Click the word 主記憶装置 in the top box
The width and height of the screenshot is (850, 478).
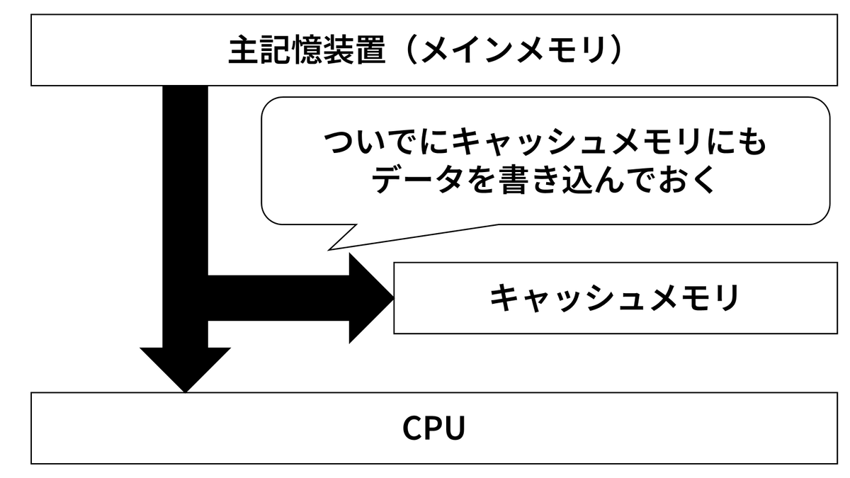tap(307, 50)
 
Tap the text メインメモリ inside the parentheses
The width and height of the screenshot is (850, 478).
tap(514, 50)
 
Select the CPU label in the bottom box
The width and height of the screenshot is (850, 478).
tap(433, 428)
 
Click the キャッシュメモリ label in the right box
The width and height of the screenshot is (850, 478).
tap(614, 298)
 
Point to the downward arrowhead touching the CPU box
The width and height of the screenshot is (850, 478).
tap(185, 370)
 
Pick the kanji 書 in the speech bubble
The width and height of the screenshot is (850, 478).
tap(514, 179)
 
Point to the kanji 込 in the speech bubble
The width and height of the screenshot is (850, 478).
tap(577, 179)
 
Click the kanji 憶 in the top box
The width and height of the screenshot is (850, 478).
tap(307, 50)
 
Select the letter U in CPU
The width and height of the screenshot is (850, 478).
tap(455, 428)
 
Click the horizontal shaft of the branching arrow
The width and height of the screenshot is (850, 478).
tap(278, 298)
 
